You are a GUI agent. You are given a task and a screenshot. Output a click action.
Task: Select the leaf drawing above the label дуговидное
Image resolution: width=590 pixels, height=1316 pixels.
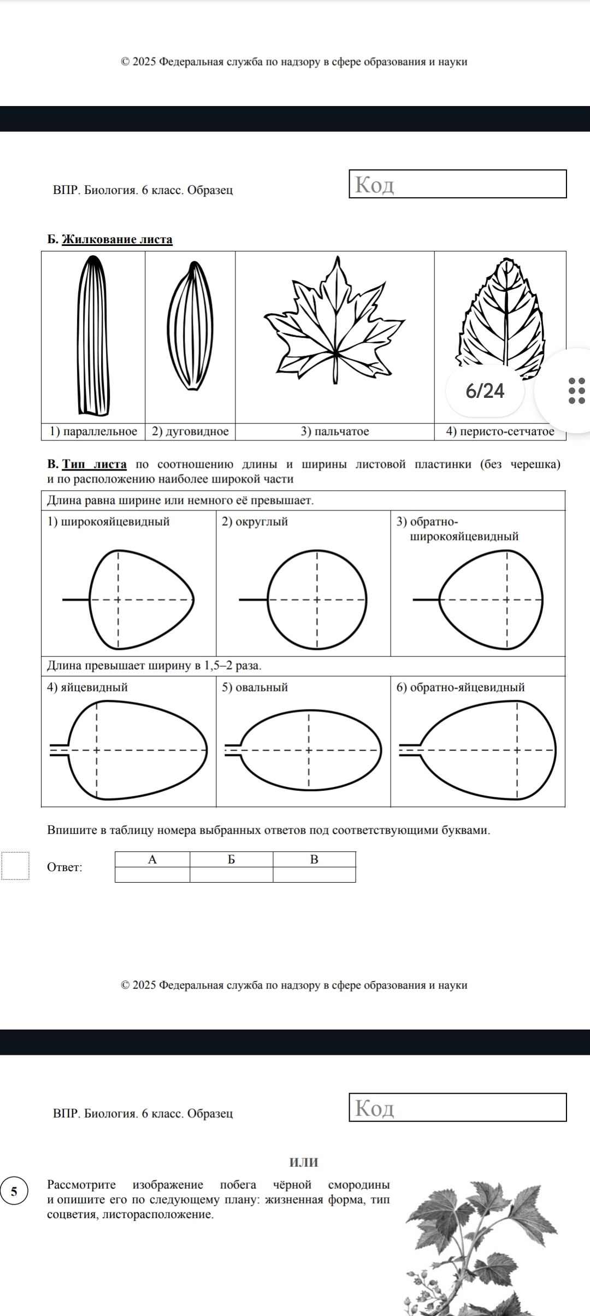coord(190,327)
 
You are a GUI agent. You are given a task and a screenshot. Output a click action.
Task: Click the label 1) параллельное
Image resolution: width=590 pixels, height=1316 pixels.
coord(93,432)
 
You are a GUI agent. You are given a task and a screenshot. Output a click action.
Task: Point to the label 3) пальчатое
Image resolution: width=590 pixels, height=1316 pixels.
coord(335,432)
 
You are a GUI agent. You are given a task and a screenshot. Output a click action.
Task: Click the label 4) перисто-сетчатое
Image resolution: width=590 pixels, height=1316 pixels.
coord(500,432)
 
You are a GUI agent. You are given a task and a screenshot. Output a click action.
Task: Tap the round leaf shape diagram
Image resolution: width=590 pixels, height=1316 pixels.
coord(317,600)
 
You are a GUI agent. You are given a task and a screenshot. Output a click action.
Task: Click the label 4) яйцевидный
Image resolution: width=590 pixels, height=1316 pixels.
coord(87,688)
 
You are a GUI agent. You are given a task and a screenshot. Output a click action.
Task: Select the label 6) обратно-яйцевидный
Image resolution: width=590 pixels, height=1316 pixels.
coord(461,688)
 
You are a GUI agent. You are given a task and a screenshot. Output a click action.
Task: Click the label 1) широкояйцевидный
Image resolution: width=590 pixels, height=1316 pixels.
coord(109,522)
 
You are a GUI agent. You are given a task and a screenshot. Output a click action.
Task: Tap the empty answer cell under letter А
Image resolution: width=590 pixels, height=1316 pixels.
coord(152,875)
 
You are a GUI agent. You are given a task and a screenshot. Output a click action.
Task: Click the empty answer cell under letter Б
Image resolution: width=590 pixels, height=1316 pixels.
coord(231,875)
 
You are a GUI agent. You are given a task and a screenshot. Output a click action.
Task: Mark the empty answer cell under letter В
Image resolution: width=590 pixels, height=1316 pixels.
coord(314,875)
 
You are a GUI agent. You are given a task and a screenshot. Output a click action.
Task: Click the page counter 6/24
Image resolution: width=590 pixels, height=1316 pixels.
coord(485,391)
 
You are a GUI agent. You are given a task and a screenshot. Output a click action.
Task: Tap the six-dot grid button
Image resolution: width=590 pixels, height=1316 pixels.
coord(576,391)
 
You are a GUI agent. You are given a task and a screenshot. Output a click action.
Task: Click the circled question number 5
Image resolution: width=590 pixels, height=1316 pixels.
coord(14,1191)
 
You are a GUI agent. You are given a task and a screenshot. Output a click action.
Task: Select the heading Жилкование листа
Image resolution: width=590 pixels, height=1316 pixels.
coord(117,239)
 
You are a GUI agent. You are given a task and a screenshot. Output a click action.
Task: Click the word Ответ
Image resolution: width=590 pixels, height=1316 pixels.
coord(65,867)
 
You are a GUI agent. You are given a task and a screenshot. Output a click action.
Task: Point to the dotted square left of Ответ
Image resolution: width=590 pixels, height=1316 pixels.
coord(15,866)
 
